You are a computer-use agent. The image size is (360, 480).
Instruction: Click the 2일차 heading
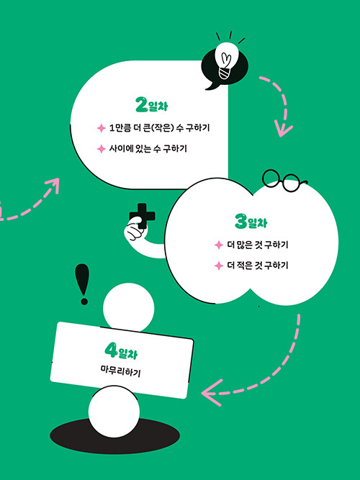(151, 105)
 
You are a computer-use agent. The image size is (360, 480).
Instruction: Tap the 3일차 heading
(251, 222)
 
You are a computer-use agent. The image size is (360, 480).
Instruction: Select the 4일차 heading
(121, 351)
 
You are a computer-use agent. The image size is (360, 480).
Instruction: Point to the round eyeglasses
(284, 180)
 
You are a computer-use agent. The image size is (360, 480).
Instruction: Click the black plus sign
(142, 215)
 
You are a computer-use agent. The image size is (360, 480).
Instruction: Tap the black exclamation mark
(82, 284)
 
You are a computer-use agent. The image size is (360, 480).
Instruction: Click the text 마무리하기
(121, 371)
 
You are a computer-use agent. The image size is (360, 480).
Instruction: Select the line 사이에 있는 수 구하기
(148, 149)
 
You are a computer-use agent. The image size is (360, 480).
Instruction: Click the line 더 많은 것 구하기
(257, 245)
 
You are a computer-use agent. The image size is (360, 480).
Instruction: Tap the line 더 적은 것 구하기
(257, 265)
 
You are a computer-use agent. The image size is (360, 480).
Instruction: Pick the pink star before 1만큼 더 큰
(101, 128)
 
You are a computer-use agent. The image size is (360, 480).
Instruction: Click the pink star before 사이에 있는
(101, 149)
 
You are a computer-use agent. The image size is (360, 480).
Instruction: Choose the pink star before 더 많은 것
(218, 245)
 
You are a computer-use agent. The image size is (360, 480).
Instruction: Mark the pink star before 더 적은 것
(218, 266)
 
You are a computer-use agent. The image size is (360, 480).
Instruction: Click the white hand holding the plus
(135, 231)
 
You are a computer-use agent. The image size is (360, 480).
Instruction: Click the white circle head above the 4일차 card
(129, 307)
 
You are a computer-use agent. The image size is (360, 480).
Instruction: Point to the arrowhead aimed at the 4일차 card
(212, 393)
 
